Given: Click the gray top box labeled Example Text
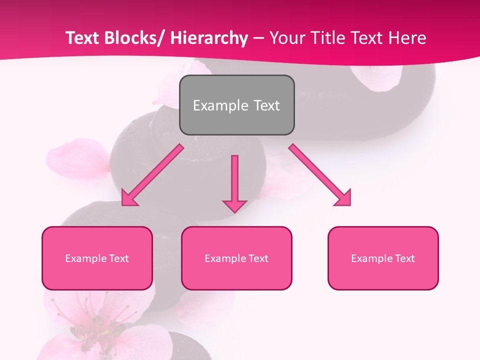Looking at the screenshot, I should click(236, 105).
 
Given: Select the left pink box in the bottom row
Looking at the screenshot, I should click(97, 258).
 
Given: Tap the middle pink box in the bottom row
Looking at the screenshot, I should click(236, 258).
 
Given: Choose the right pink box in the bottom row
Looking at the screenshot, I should click(383, 258).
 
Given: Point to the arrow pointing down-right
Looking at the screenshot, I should click(320, 175).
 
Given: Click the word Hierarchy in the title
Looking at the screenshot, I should click(209, 38).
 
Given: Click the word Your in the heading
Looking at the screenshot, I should click(286, 38).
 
